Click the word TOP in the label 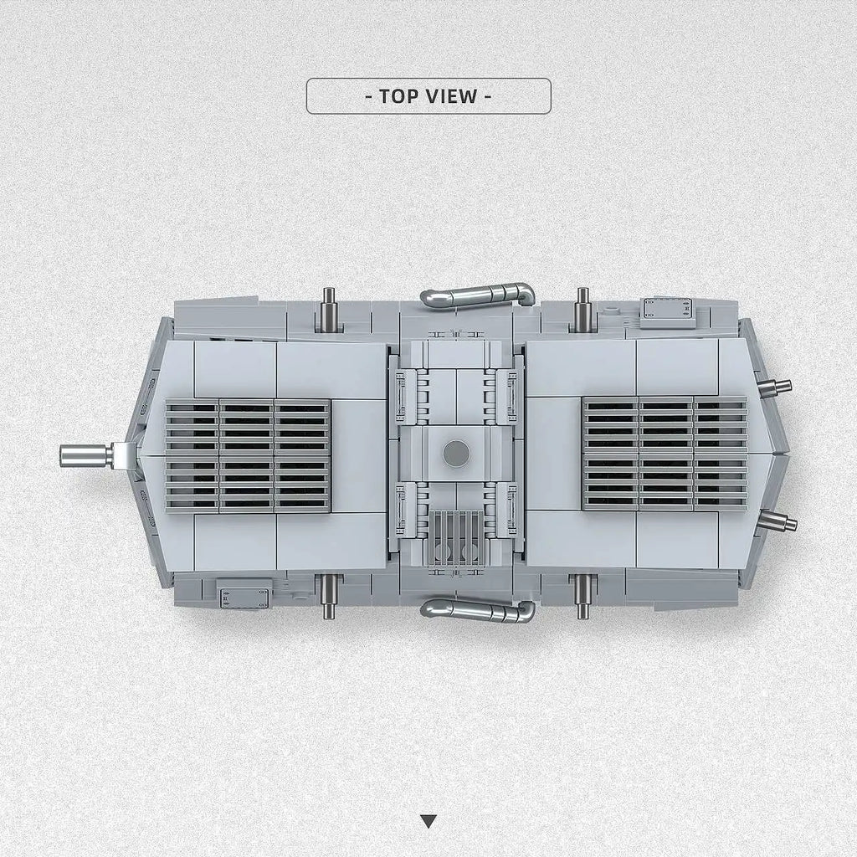[x=398, y=96]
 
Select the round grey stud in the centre [x=456, y=453]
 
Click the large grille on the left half [x=248, y=456]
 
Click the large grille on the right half [x=665, y=453]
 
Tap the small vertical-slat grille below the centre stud [x=457, y=538]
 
